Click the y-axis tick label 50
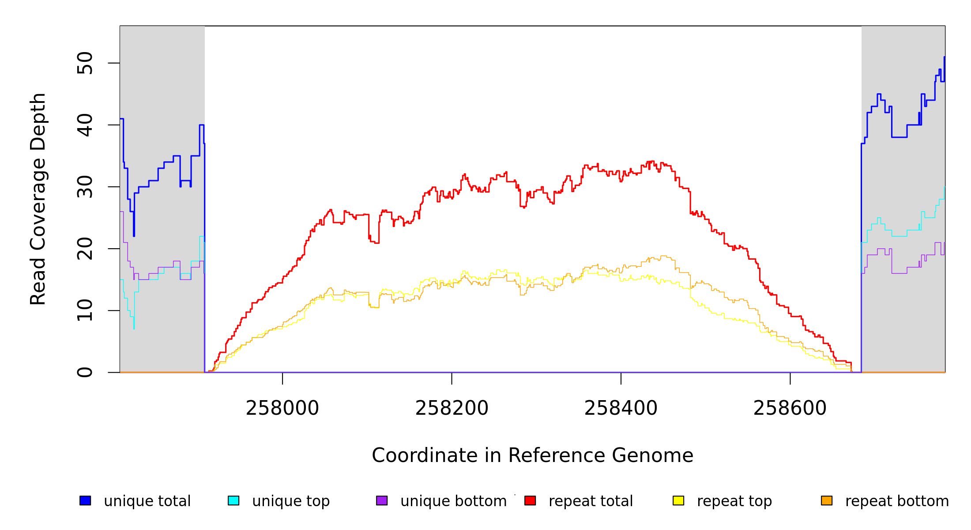[85, 63]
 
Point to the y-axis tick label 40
[85, 125]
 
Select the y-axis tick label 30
[85, 187]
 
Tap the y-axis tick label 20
[85, 249]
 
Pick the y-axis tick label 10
[85, 310]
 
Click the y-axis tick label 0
[85, 372]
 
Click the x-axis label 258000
[282, 408]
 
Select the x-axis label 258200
[452, 408]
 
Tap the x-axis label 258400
[621, 408]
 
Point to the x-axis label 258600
[790, 408]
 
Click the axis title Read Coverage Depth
[38, 199]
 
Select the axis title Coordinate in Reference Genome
[532, 455]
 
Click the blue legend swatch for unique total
[85, 500]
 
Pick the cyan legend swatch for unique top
[233, 500]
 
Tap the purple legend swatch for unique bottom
[382, 500]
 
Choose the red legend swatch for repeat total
[530, 500]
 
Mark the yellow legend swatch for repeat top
[678, 500]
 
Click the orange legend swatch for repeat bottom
[827, 500]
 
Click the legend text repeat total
[591, 501]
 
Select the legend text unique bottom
[453, 501]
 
